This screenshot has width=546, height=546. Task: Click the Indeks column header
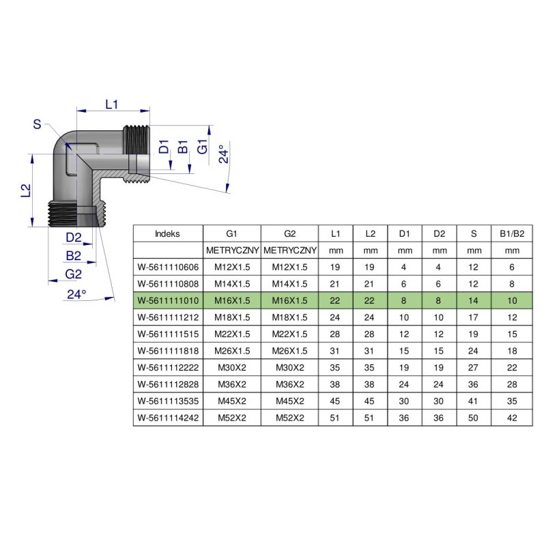click(168, 233)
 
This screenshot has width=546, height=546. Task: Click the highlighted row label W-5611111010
click(168, 300)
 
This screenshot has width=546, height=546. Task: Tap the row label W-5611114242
click(168, 418)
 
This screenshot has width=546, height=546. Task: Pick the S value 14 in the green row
click(474, 300)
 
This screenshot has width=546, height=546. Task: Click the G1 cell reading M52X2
click(232, 418)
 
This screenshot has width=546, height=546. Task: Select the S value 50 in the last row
click(474, 418)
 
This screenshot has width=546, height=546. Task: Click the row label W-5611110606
click(168, 267)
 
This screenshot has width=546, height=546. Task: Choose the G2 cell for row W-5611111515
click(290, 334)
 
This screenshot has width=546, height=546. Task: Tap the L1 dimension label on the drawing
click(113, 104)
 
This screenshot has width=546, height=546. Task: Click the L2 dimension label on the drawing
click(25, 190)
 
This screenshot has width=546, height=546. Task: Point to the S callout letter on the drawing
click(37, 124)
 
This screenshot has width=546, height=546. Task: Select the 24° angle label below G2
click(76, 294)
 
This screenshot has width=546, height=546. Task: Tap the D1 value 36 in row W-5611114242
click(405, 418)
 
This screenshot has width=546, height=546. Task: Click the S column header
click(474, 233)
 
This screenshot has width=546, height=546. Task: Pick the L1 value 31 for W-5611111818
click(335, 351)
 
